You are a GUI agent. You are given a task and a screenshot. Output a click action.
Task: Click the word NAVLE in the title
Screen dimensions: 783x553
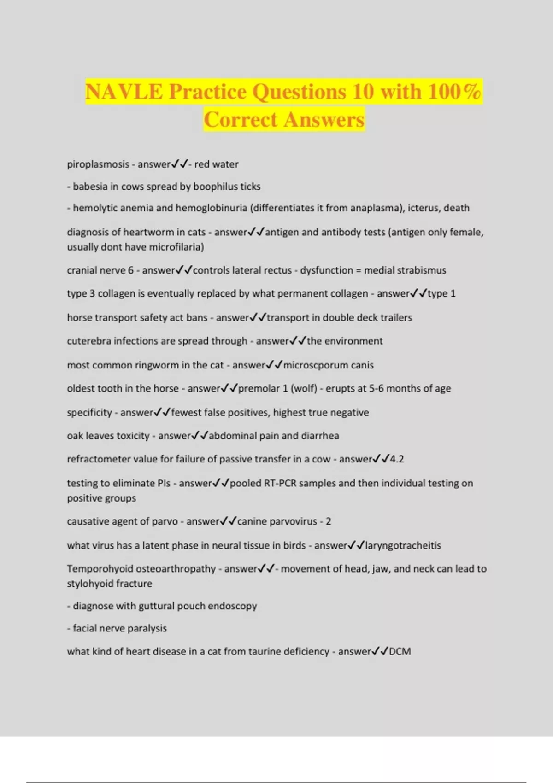(x=124, y=91)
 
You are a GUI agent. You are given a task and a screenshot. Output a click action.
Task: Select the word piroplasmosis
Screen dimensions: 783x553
(x=98, y=164)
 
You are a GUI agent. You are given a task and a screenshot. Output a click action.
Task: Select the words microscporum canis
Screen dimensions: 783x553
(x=328, y=365)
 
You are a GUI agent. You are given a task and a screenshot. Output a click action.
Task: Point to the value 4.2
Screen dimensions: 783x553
(x=397, y=459)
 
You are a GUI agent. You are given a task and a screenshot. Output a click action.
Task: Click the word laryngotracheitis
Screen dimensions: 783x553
(x=403, y=545)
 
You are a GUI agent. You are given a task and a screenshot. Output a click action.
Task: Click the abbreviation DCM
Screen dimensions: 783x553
(x=400, y=651)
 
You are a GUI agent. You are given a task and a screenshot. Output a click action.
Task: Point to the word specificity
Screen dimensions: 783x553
(x=89, y=412)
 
